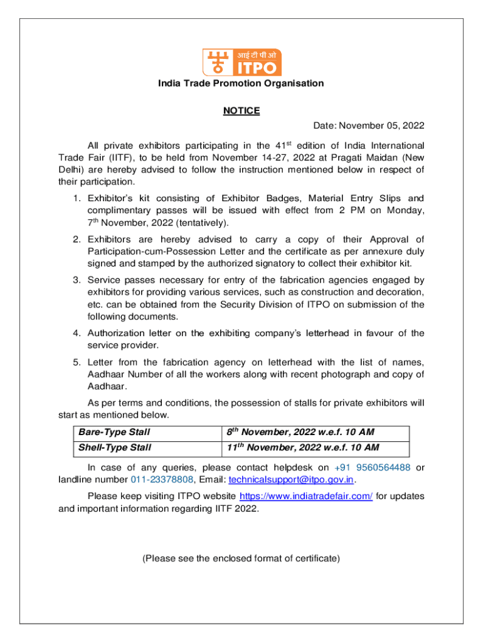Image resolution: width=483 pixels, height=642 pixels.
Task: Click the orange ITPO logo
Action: (242, 61)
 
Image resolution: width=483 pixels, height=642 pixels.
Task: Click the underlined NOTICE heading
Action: (242, 111)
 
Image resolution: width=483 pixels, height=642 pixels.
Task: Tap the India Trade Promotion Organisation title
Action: (242, 83)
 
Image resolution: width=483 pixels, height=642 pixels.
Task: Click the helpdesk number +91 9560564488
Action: (373, 467)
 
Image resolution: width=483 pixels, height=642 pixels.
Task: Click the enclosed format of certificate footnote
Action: (242, 558)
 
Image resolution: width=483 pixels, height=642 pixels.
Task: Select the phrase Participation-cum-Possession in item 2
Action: (159, 251)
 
